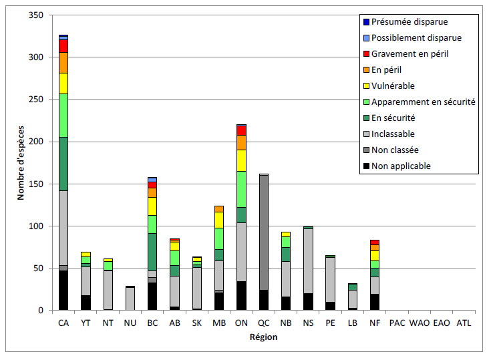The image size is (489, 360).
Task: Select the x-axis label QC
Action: point(264,323)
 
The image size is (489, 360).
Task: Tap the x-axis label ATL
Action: point(463,323)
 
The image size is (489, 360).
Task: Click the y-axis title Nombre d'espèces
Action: point(21,162)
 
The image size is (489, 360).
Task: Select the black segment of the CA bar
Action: point(63,290)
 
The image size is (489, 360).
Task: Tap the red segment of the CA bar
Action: point(63,45)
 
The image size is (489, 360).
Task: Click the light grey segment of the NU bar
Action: point(130,299)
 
